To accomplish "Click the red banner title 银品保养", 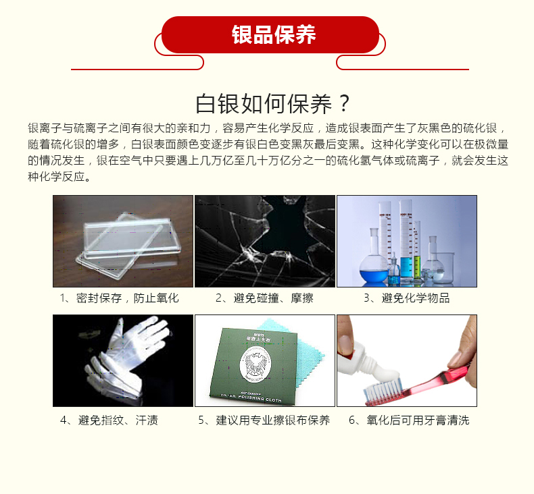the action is pyautogui.click(x=274, y=34).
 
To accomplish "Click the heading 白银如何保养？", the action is pyautogui.click(x=273, y=104).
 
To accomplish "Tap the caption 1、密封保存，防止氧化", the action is pyautogui.click(x=119, y=298).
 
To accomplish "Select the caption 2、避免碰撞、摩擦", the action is pyautogui.click(x=264, y=298).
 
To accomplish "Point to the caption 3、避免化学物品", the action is pyautogui.click(x=407, y=298).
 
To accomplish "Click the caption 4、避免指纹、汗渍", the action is pyautogui.click(x=109, y=420).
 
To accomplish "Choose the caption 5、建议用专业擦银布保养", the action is pyautogui.click(x=264, y=420).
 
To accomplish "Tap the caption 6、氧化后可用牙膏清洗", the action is pyautogui.click(x=409, y=420).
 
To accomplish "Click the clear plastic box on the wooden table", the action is pyautogui.click(x=128, y=245).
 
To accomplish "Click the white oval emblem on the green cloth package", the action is pyautogui.click(x=256, y=364).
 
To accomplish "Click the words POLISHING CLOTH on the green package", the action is pyautogui.click(x=260, y=397).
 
